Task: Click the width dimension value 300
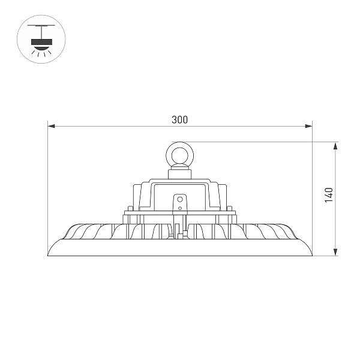coord(179,119)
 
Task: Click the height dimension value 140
coord(328,195)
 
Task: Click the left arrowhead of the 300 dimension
coord(51,126)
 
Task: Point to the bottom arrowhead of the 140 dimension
coord(335,253)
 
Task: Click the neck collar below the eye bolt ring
coord(179,174)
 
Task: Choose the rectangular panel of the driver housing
coord(179,198)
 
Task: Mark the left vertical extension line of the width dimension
coord(47,180)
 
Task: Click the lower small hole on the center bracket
coord(179,207)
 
